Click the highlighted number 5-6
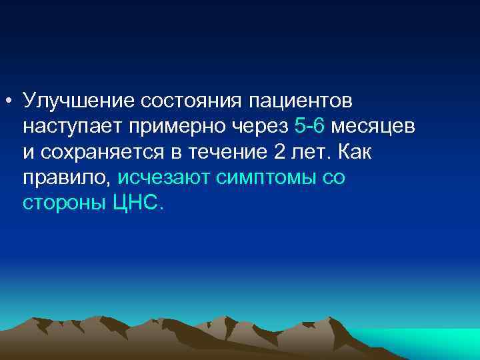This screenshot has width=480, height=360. coord(309,125)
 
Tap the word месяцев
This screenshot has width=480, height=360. coord(373,126)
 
